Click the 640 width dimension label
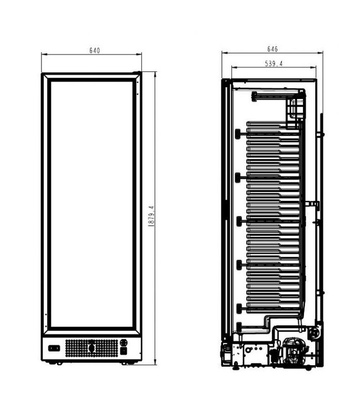click(x=95, y=50)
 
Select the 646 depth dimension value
click(x=272, y=49)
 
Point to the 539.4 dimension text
click(x=274, y=64)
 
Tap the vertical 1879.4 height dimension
click(x=151, y=216)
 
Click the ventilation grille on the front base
click(x=91, y=348)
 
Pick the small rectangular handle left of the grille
click(x=54, y=348)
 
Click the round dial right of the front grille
click(x=124, y=343)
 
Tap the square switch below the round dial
click(x=124, y=351)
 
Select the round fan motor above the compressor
click(x=315, y=333)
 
